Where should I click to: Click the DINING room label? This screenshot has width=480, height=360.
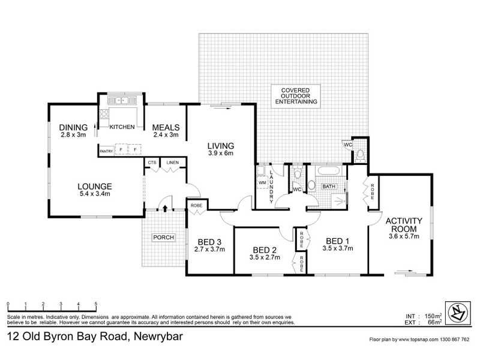(73, 127)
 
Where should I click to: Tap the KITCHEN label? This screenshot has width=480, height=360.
(122, 127)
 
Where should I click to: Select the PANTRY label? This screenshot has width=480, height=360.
(106, 150)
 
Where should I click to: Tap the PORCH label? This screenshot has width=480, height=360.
(163, 238)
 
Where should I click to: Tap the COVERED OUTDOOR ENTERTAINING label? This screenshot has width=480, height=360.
(295, 97)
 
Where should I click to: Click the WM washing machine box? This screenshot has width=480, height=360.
(262, 182)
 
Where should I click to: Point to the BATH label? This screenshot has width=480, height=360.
(329, 187)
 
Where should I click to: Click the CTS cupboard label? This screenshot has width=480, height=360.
(152, 163)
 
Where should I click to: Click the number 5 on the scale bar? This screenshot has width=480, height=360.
(95, 304)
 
